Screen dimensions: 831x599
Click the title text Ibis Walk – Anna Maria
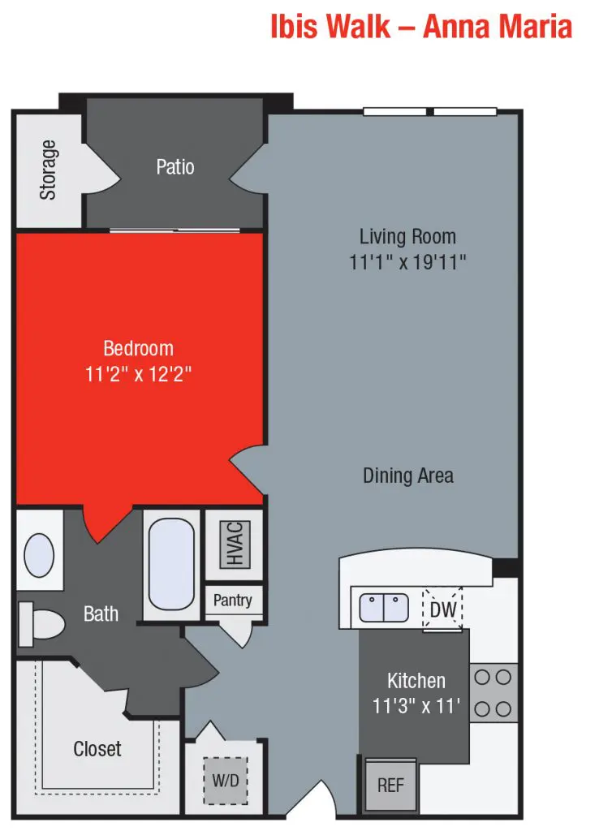(x=421, y=26)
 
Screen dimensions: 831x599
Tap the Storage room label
(x=49, y=170)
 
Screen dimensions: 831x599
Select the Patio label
(x=175, y=167)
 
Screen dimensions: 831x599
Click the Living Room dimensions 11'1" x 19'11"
(x=407, y=262)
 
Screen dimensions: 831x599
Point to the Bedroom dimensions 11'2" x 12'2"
(x=138, y=374)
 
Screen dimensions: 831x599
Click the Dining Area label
(x=407, y=476)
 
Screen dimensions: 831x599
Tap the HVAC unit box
(x=235, y=543)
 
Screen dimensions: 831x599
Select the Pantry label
(x=233, y=601)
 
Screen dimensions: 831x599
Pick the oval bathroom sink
(x=39, y=555)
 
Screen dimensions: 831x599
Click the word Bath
(x=101, y=614)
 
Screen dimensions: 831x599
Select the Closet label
(x=97, y=748)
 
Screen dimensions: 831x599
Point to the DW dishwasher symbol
(x=442, y=609)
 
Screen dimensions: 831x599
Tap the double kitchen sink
(x=384, y=608)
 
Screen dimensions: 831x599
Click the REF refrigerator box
(x=390, y=785)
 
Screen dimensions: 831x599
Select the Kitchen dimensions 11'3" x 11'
(x=416, y=706)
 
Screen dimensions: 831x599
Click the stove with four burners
(x=493, y=692)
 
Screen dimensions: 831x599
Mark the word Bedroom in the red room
(x=138, y=349)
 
